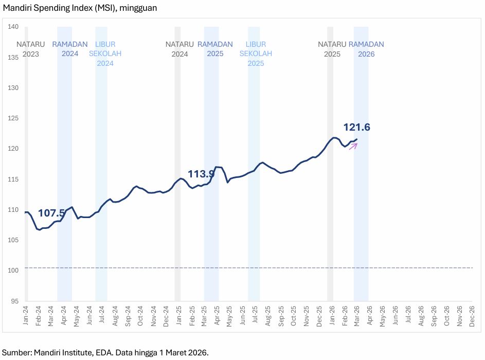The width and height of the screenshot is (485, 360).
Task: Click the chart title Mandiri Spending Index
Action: (80, 8)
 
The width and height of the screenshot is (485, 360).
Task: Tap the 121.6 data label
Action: (357, 128)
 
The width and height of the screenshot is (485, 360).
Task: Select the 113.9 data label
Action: (201, 174)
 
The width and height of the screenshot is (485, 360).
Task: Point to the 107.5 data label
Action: (51, 213)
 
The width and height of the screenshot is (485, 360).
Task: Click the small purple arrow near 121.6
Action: (353, 146)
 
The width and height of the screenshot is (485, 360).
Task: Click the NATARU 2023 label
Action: (31, 49)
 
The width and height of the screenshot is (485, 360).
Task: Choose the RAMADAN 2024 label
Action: (70, 49)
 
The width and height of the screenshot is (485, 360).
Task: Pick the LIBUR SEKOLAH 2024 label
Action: (101, 54)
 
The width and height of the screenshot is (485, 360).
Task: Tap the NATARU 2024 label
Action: (179, 49)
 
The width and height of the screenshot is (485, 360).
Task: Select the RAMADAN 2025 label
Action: (215, 49)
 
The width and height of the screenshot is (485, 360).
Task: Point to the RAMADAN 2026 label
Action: (366, 49)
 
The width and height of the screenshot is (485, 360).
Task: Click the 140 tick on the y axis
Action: (14, 27)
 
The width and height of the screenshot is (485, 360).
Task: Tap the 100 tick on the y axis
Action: (14, 271)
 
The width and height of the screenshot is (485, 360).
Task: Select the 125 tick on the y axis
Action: (14, 118)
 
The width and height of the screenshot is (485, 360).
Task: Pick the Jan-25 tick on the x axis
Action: (178, 315)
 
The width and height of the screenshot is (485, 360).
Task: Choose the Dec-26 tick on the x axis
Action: (472, 315)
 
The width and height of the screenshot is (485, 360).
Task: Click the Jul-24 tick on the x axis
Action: (102, 315)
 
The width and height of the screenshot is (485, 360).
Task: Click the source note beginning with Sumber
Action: (105, 352)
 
